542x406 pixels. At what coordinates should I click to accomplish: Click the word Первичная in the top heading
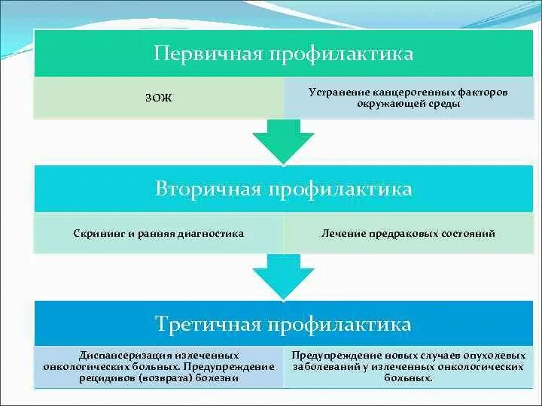tap(198, 54)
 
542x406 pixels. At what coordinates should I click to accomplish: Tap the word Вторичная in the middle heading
tap(198, 189)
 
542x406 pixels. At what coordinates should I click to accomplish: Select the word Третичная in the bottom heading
tap(199, 324)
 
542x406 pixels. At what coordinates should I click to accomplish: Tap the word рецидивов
tap(103, 379)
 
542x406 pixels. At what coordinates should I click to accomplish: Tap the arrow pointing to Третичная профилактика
tap(282, 275)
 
